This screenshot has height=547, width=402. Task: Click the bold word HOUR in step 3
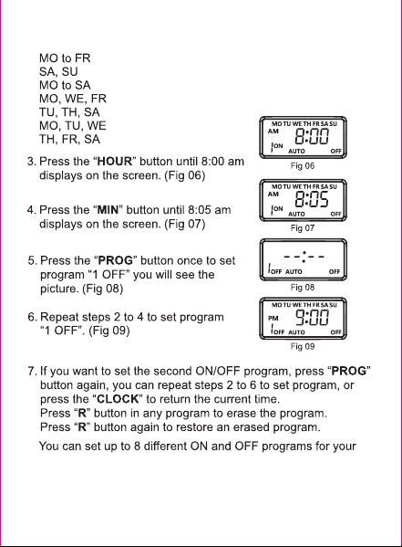pyautogui.click(x=115, y=162)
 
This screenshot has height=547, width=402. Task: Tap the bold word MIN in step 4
pyautogui.click(x=108, y=210)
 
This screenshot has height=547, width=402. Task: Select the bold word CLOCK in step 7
pyautogui.click(x=118, y=399)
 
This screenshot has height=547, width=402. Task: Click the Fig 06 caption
pyautogui.click(x=303, y=166)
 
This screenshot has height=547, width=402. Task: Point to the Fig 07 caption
pyautogui.click(x=303, y=228)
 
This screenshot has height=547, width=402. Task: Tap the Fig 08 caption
pyautogui.click(x=303, y=288)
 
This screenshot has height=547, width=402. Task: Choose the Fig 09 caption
pyautogui.click(x=303, y=346)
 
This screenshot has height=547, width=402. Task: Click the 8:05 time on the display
pyautogui.click(x=312, y=200)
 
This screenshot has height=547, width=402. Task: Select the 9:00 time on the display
pyautogui.click(x=312, y=318)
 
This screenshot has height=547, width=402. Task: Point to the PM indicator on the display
pyautogui.click(x=273, y=318)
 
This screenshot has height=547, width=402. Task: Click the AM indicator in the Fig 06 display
pyautogui.click(x=273, y=131)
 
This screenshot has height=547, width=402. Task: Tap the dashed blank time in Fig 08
pyautogui.click(x=304, y=258)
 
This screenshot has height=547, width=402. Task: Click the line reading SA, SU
pyautogui.click(x=58, y=72)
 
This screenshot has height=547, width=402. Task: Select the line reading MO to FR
pyautogui.click(x=65, y=58)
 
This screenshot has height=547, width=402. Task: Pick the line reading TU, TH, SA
pyautogui.click(x=69, y=112)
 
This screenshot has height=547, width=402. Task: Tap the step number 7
pyautogui.click(x=31, y=371)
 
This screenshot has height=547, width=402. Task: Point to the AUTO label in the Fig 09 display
pyautogui.click(x=296, y=332)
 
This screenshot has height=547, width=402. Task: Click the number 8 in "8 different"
pyautogui.click(x=138, y=447)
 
